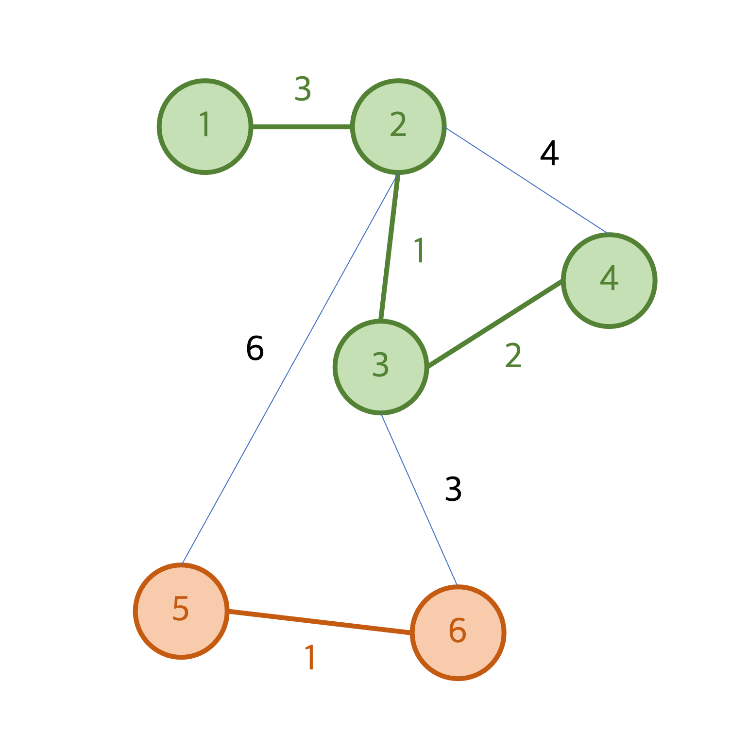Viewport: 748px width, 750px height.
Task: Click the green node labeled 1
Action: coord(205,126)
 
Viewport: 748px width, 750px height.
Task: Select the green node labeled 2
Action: coord(398,126)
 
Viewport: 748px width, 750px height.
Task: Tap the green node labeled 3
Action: coord(381,367)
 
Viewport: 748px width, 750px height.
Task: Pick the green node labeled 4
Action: coord(609,280)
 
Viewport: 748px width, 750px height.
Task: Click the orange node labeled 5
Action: coord(181,611)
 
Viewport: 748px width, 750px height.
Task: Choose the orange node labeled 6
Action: coord(458,632)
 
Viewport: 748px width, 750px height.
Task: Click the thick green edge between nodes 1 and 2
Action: coord(301,127)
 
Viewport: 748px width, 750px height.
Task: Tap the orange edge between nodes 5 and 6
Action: coord(320,622)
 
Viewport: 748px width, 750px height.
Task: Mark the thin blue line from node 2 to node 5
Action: coord(289,369)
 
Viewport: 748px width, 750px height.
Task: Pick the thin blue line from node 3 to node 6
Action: coord(419,499)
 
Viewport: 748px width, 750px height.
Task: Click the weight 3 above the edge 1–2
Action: coord(303,89)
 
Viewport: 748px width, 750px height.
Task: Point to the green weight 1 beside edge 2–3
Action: coord(419,251)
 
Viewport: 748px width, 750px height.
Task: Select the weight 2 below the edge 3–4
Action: coord(513,355)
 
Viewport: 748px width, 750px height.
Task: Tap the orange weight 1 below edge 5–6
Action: coord(310,658)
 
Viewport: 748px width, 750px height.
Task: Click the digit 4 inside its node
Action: coord(609,278)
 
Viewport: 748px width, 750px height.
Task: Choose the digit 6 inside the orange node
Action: coord(458,631)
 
